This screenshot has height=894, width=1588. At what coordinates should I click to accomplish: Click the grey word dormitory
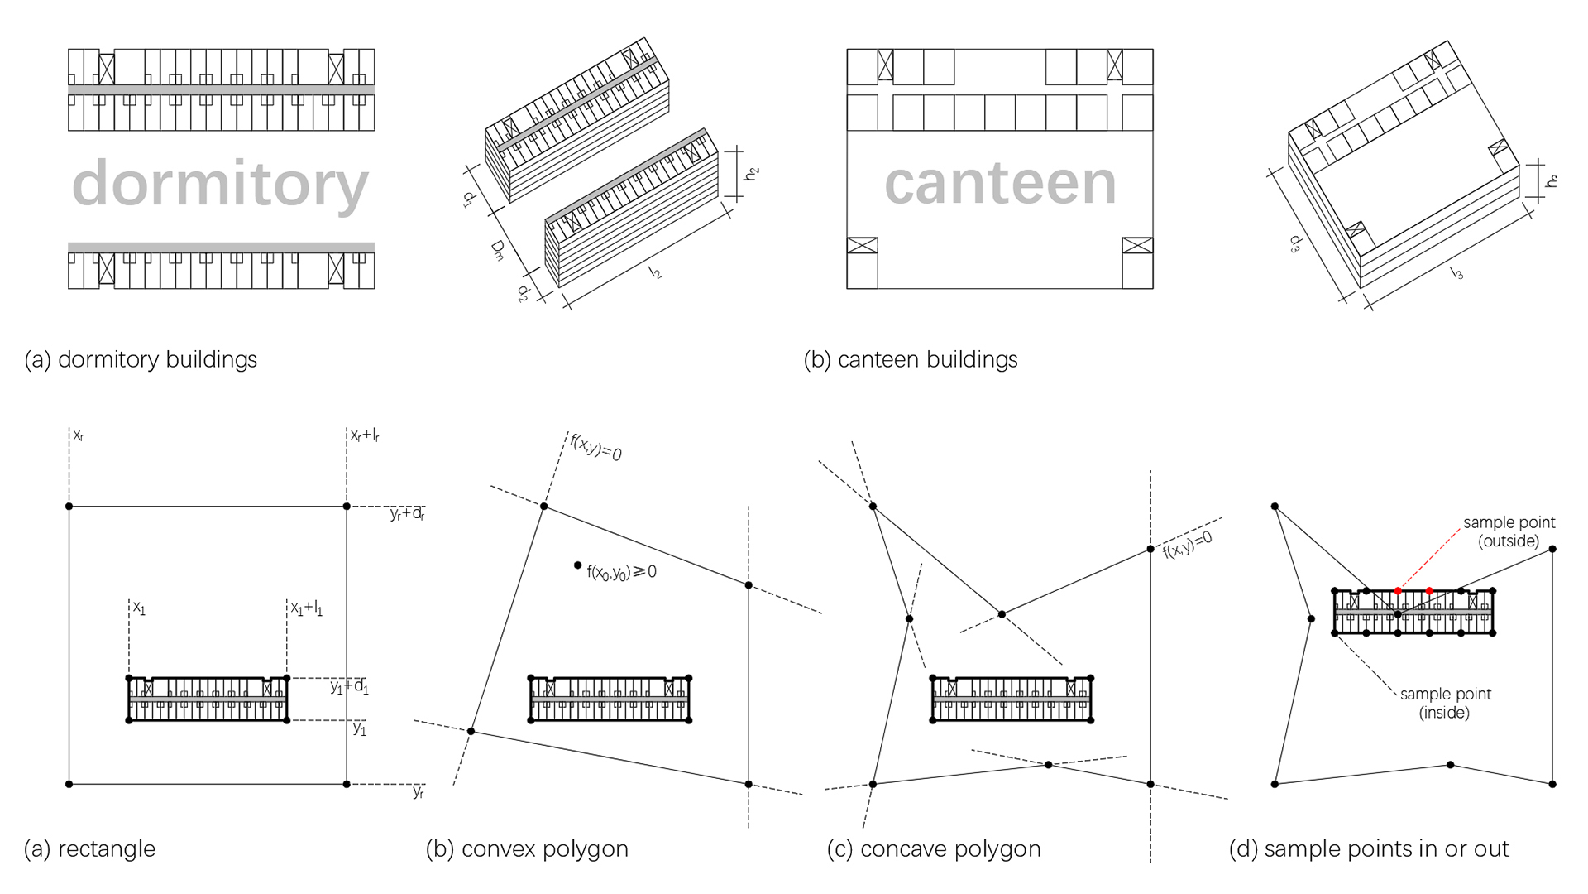click(x=220, y=184)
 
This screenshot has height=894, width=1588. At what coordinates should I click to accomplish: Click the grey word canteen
click(x=1000, y=184)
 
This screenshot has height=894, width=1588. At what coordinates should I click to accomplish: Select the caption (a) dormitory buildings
click(x=141, y=360)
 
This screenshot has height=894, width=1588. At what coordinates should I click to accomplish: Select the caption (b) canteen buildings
click(x=911, y=360)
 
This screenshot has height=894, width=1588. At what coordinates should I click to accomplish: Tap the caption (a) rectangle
click(x=90, y=849)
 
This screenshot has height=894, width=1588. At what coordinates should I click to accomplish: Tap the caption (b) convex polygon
click(x=527, y=849)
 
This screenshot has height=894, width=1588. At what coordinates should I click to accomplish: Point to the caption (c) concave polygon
click(x=934, y=849)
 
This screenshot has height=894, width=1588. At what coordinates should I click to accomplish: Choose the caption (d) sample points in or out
click(x=1369, y=849)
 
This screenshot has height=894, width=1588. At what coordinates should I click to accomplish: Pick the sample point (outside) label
click(x=1509, y=532)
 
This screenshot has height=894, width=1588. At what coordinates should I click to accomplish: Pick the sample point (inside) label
click(x=1445, y=704)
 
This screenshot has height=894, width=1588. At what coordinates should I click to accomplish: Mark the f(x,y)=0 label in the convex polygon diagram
click(x=595, y=447)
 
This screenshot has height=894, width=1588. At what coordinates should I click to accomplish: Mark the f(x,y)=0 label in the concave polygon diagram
click(x=1188, y=545)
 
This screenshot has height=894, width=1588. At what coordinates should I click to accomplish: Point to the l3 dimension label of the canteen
click(x=1457, y=272)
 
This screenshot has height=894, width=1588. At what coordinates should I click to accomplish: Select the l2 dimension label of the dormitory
click(x=656, y=272)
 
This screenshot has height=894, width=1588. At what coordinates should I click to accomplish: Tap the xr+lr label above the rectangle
click(x=365, y=435)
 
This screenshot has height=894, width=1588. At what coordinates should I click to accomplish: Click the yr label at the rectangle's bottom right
click(x=419, y=792)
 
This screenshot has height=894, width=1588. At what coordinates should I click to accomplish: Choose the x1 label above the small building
click(x=139, y=609)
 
